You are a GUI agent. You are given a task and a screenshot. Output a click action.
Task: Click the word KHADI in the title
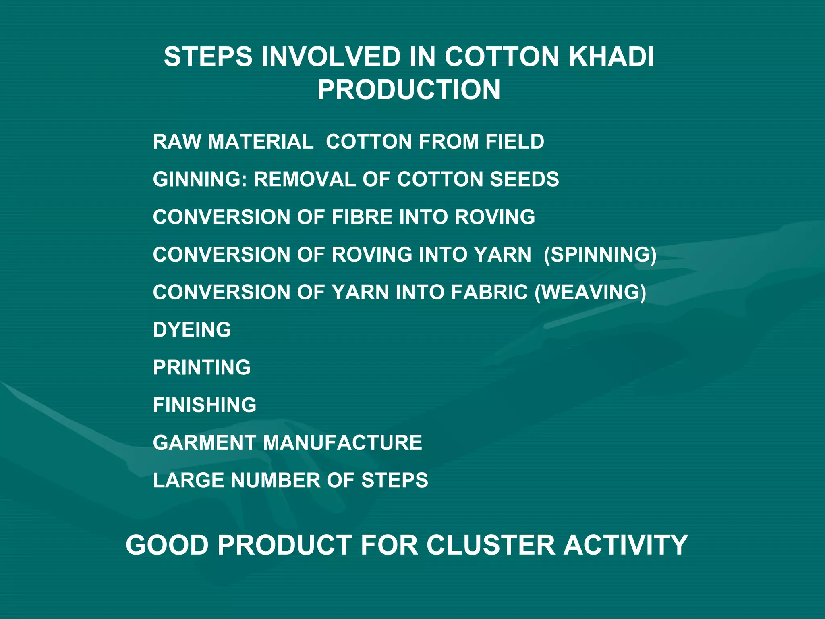point(611,57)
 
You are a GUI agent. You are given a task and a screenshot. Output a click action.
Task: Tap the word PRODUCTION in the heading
point(408,89)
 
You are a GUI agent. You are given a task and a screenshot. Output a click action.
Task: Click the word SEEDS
point(524,179)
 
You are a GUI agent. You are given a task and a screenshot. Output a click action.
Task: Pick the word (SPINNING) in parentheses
point(600,255)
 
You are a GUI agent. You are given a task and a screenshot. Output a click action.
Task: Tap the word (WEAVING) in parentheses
point(591,292)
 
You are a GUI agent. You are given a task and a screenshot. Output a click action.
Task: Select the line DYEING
point(192,330)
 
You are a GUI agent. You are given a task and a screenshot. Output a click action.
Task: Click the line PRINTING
point(202,368)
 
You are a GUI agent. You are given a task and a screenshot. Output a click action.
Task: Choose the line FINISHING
point(205,405)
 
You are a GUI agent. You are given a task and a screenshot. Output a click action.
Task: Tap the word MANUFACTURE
point(342,442)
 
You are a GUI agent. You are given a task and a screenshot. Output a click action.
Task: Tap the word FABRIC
point(489,292)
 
